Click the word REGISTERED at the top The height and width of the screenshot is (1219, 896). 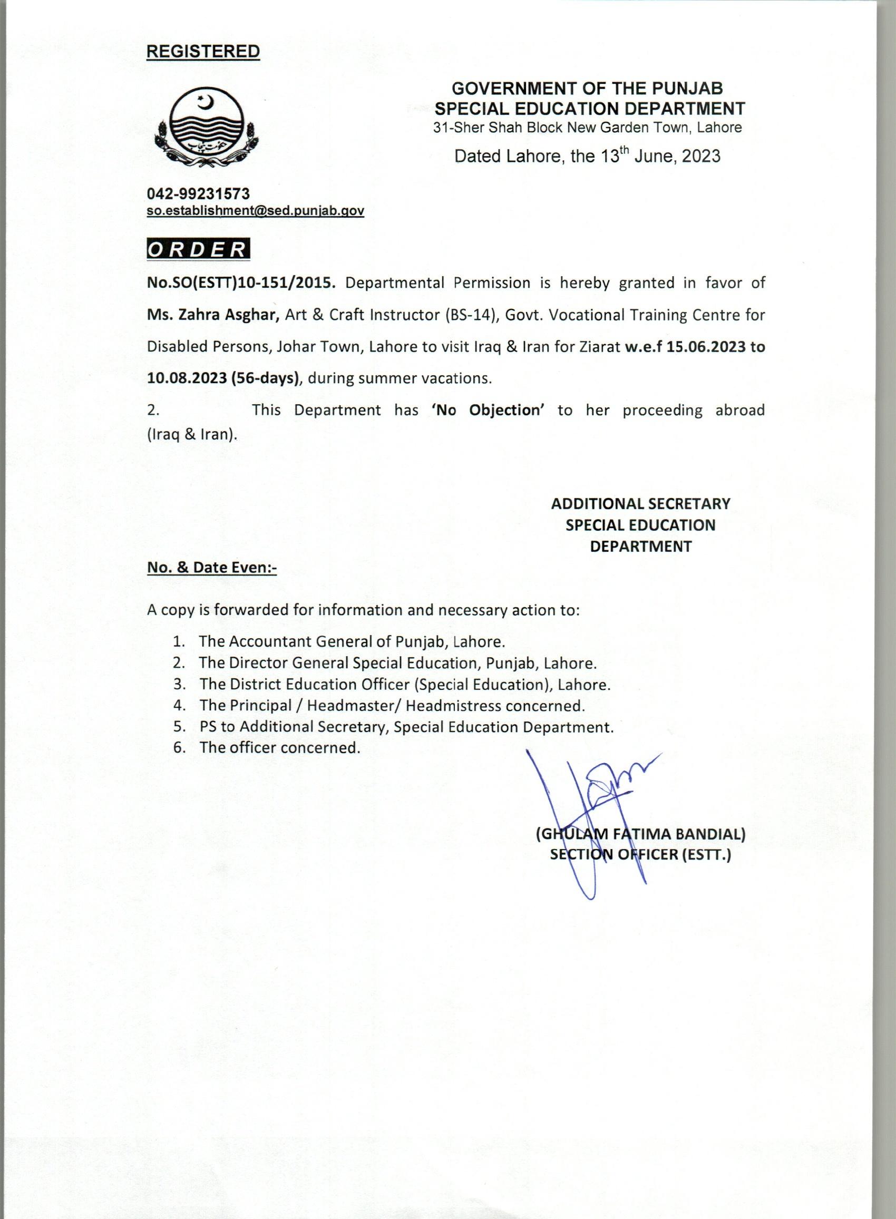point(203,52)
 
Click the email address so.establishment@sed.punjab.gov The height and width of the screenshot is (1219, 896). point(256,211)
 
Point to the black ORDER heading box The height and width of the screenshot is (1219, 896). point(199,249)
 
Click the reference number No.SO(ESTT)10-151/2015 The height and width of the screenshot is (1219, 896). point(239,282)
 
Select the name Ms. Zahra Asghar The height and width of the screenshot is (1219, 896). point(212,315)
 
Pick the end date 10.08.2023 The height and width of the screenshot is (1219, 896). point(186,378)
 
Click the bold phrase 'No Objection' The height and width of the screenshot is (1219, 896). point(488,409)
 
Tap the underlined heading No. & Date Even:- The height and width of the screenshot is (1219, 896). point(212,567)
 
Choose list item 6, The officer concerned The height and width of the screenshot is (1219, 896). point(279,748)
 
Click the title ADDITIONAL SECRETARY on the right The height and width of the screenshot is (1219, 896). point(640,504)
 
